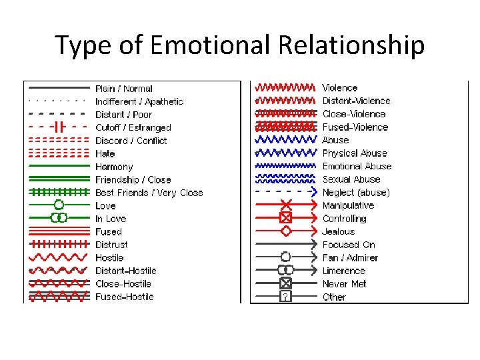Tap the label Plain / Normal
pos(124,89)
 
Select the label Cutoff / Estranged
pos(133,127)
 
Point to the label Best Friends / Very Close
pos(149,193)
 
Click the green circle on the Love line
pos(59,205)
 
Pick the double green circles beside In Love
pos(59,218)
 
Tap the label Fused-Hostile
pos(124,297)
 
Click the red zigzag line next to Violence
pos(285,88)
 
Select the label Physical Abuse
pos(354,153)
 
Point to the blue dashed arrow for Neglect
pos(285,192)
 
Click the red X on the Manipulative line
pos(285,205)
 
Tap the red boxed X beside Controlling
pos(285,218)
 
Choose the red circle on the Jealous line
pos(285,231)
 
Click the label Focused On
pos(349,245)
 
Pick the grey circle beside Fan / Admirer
pos(285,257)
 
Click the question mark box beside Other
pos(285,297)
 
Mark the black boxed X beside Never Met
pos(285,283)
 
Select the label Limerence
pos(344,271)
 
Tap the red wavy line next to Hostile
pos(59,257)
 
